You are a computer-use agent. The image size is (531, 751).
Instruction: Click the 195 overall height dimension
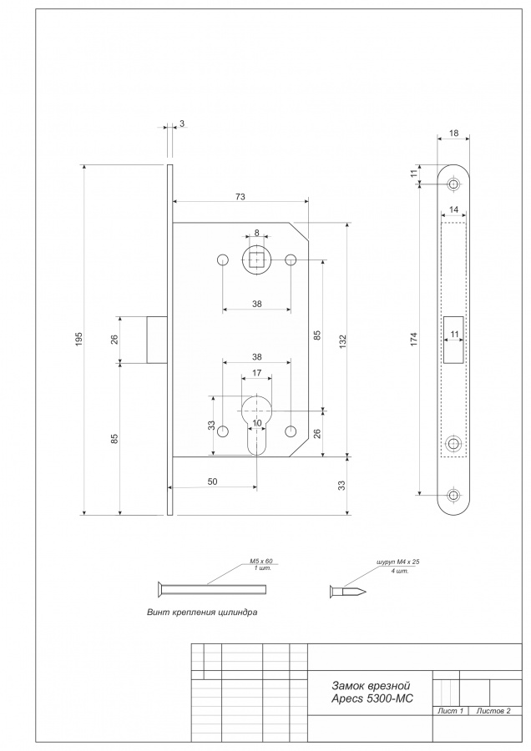coord(79,339)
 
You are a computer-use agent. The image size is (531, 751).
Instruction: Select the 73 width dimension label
coord(240,196)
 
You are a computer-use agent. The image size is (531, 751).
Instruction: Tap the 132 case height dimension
coord(342,340)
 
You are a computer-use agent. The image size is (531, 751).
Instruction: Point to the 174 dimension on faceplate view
coord(414,339)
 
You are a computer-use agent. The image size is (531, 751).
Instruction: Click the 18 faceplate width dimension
coord(453,134)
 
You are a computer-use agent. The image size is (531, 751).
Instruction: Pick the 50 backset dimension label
coord(212,481)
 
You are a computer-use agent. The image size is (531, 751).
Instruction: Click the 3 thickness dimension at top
coord(182,123)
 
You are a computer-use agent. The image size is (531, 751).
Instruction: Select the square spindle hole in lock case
coord(256,260)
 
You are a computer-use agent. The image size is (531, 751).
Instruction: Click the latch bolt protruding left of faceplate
coord(157,339)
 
